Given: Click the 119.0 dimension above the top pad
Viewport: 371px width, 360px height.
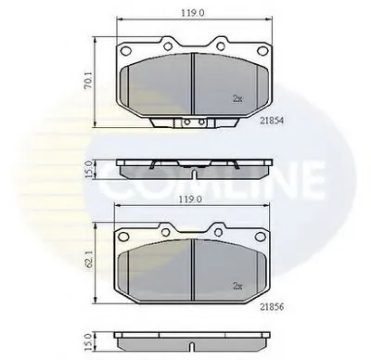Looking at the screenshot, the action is coord(193,12).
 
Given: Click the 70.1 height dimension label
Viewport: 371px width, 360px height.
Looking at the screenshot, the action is coord(88,82).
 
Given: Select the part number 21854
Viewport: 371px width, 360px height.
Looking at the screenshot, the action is coord(272,121).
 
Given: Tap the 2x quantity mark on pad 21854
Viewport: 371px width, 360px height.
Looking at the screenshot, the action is coord(237,99).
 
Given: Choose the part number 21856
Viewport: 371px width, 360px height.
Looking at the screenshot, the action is coord(272,307).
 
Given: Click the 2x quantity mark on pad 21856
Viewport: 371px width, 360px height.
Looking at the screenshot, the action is coord(237,287).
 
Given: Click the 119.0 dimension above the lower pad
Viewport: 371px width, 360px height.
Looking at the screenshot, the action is coord(192,199).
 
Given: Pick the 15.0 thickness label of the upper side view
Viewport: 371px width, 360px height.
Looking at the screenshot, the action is coord(89,169).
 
